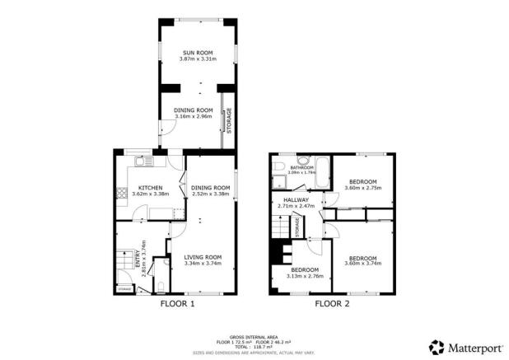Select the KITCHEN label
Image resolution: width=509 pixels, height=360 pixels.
coord(150,187)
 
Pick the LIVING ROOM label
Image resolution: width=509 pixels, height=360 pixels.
coord(202,257)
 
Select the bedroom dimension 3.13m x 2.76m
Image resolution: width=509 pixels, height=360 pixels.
coord(304,276)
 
